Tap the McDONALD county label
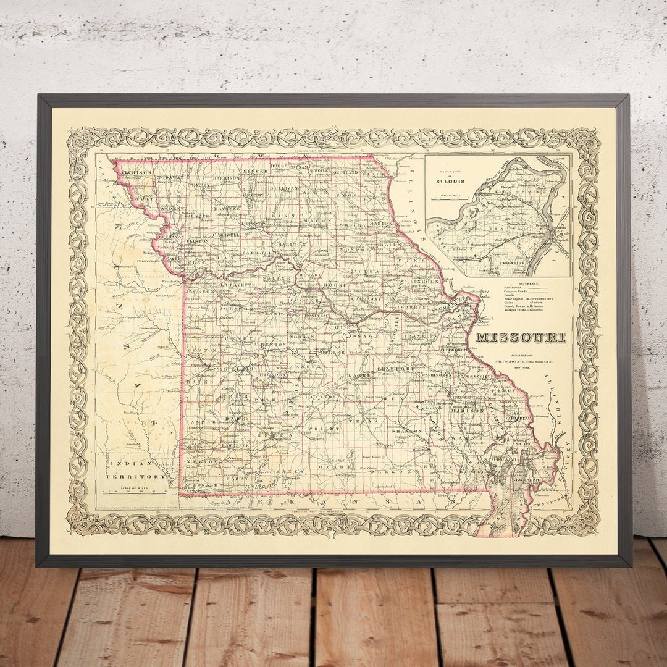pyautogui.click(x=198, y=485)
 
